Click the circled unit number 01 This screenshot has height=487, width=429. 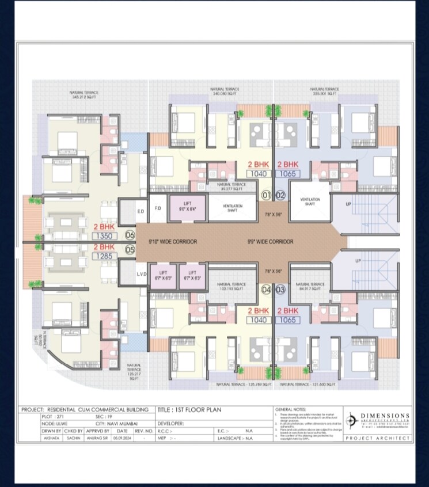(266, 195)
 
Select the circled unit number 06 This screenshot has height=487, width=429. (130, 234)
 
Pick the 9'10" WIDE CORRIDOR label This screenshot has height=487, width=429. (173, 242)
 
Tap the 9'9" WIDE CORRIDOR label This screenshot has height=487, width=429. (271, 242)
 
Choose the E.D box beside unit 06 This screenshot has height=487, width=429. (140, 211)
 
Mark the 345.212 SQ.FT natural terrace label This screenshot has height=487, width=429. (84, 95)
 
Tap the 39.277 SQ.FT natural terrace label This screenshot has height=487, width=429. (231, 186)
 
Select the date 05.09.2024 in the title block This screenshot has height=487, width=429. (122, 438)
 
